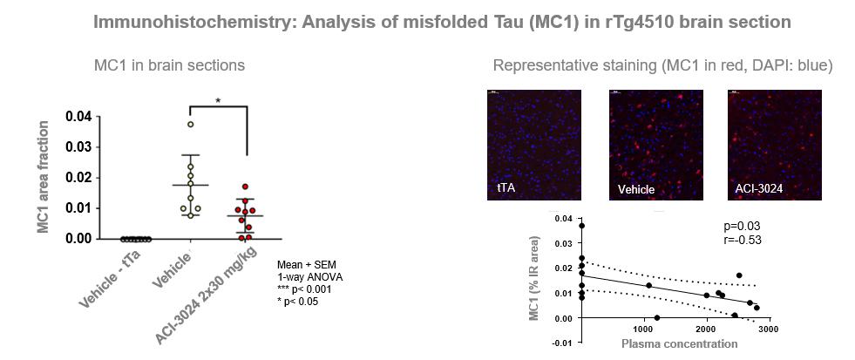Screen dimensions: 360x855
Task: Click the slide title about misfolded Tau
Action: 427,21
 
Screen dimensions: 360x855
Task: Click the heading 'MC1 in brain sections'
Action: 169,65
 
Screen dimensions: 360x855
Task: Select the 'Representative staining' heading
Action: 662,65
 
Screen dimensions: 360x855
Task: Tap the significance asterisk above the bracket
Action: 218,101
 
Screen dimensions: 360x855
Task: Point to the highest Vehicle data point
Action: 190,124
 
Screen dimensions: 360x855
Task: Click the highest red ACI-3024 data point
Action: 246,187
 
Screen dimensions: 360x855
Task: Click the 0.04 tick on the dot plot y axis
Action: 79,116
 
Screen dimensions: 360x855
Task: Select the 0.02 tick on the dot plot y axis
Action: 79,177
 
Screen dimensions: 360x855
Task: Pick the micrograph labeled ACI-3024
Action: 775,145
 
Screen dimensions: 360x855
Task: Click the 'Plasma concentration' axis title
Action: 679,344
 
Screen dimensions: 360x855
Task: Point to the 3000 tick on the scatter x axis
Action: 767,332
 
